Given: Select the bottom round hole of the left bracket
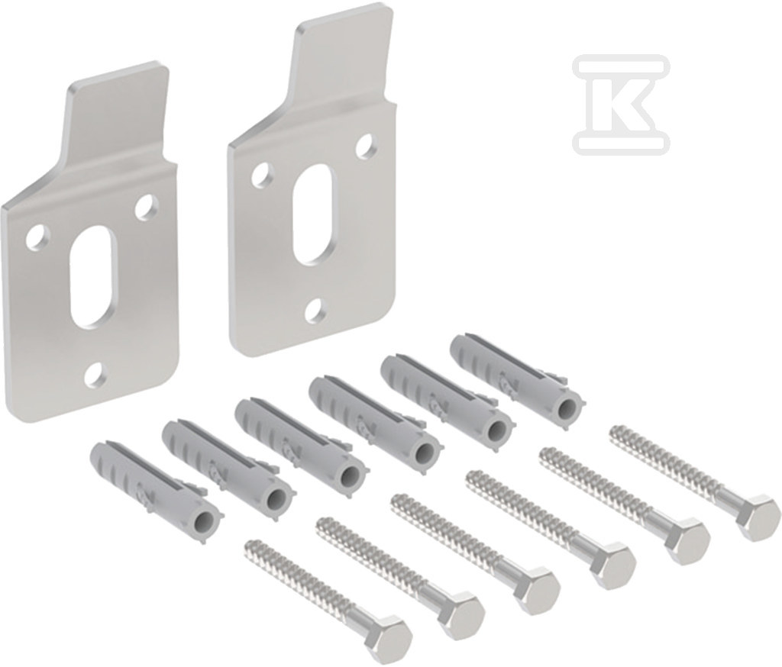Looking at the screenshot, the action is pos(95,375).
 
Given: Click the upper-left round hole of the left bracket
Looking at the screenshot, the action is pos(38,237).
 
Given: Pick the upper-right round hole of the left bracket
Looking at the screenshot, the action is pos(146,206).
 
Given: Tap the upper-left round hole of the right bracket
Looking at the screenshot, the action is pos(263,175).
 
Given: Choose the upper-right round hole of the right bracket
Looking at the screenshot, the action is pos(367,144).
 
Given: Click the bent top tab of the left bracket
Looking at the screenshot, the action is pos(117,118).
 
